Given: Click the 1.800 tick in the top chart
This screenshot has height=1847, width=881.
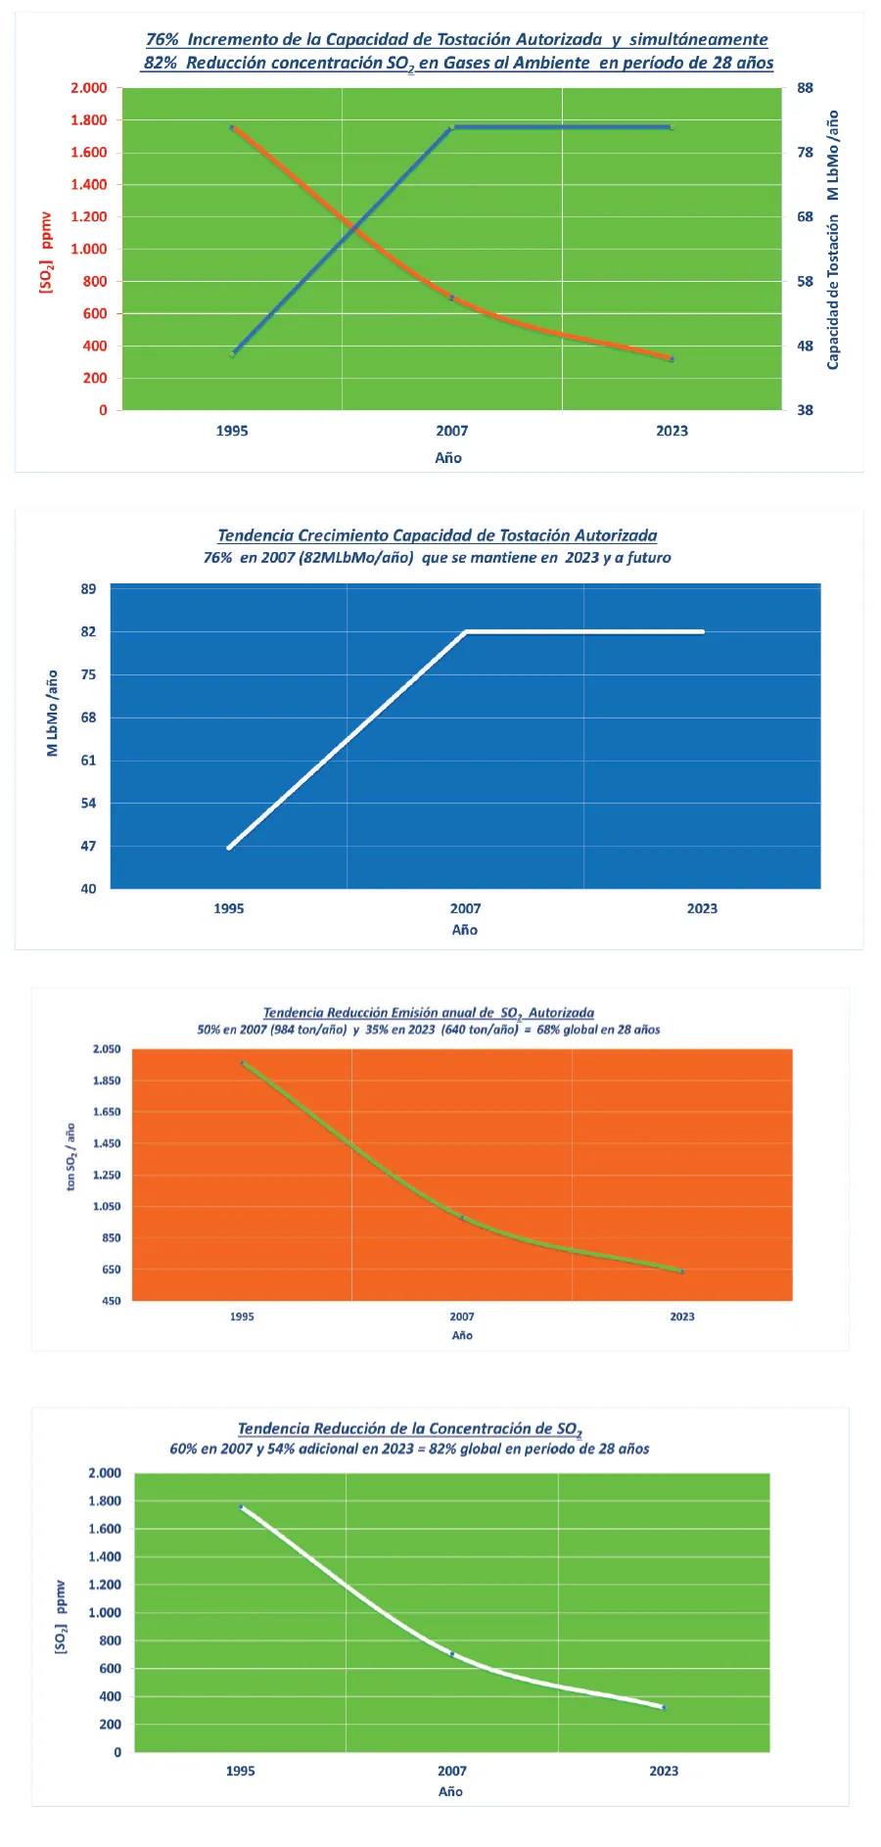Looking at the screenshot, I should coord(89,120).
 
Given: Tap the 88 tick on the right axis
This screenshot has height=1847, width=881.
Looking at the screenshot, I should coord(805,88).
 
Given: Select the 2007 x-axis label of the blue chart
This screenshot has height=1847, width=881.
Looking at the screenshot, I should coord(465,908).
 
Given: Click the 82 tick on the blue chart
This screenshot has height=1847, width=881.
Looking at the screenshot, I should coord(89,632).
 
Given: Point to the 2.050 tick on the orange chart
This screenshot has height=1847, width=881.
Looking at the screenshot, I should coord(107,1049).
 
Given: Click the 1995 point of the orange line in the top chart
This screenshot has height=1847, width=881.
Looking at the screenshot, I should coord(232,127).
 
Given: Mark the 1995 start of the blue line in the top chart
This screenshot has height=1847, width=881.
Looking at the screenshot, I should coord(232,353).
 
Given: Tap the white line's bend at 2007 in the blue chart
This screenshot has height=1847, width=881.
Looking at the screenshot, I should coord(466,632).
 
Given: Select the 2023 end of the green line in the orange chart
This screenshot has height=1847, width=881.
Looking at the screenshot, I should coord(681,1270).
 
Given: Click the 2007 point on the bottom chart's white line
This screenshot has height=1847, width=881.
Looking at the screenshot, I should coord(452,1654).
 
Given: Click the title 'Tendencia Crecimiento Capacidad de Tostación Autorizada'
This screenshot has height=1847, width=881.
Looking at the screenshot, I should coord(437,535).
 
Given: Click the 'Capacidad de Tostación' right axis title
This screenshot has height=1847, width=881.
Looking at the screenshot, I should coord(833,294).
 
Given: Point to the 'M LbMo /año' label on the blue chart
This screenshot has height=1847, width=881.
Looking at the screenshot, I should coord(53,713).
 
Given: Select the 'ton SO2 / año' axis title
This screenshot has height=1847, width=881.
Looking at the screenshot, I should coord(70,1156).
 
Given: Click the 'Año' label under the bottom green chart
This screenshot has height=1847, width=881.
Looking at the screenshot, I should coord(450,1791).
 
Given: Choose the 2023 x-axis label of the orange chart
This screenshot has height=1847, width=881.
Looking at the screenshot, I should coord(682,1316).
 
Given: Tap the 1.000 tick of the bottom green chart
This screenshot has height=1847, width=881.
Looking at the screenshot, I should coord(105,1612).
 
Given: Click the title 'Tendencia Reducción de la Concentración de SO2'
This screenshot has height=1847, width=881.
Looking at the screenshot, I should coord(409,1429).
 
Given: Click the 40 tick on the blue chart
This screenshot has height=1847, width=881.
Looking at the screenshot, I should coord(89,889).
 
